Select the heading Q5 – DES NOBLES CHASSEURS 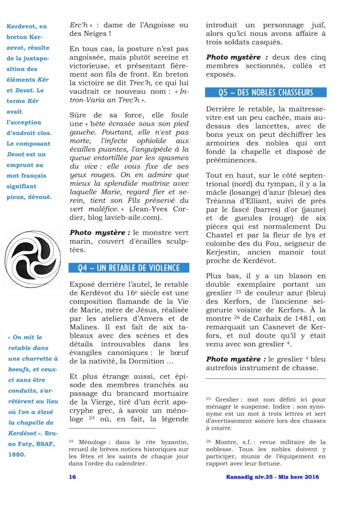click(x=265, y=92)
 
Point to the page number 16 click(x=73, y=477)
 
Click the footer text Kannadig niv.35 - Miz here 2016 click(x=273, y=477)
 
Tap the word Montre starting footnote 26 click(x=226, y=442)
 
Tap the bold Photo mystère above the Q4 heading click(x=95, y=232)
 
